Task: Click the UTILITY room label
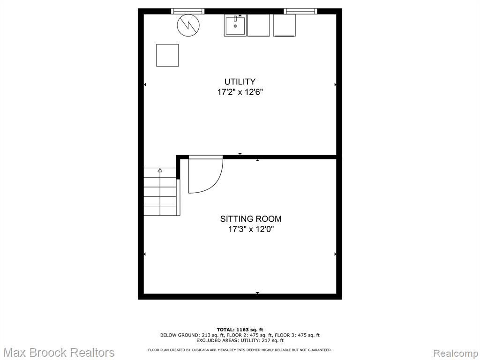click(x=240, y=82)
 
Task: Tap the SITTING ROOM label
click(x=251, y=219)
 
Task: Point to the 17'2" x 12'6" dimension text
click(x=240, y=92)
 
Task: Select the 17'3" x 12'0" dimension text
click(x=251, y=229)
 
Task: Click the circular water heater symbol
click(x=188, y=25)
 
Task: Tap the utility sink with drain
click(x=235, y=25)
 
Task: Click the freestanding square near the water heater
click(x=167, y=55)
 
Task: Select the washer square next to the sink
click(x=258, y=25)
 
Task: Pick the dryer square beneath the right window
click(x=285, y=25)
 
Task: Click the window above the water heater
click(x=187, y=11)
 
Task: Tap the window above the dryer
click(x=300, y=11)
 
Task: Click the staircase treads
click(x=160, y=192)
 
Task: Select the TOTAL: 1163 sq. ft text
click(x=240, y=330)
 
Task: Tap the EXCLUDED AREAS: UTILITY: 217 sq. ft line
click(x=240, y=340)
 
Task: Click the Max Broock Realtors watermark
click(x=58, y=352)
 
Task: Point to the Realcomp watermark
click(x=456, y=353)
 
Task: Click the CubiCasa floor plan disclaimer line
click(x=240, y=350)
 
